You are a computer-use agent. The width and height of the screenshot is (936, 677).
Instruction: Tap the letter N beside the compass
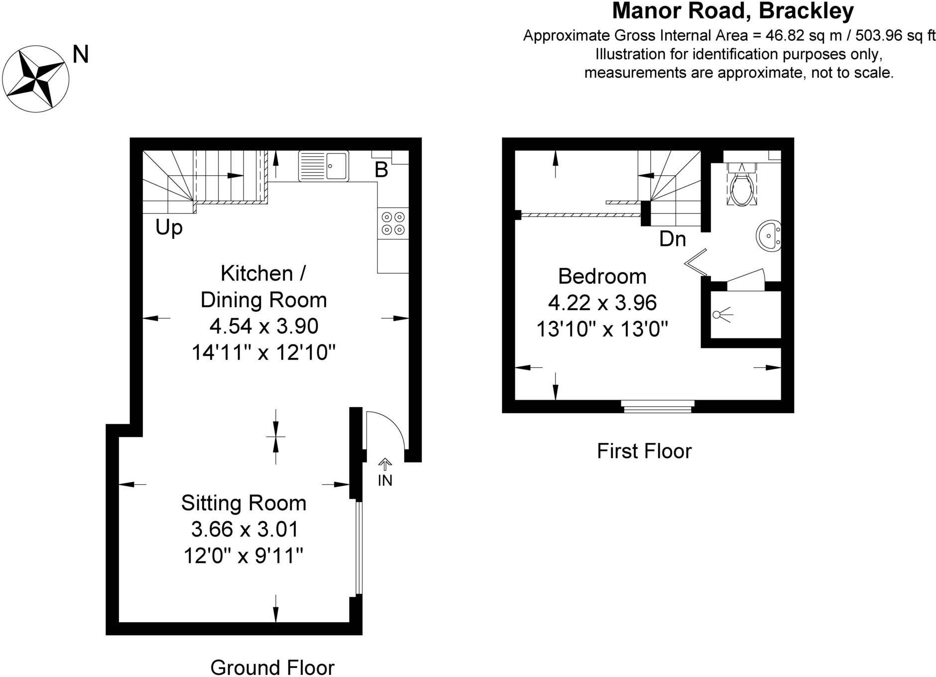pyautogui.click(x=81, y=54)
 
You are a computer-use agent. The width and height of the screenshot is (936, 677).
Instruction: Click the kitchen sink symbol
pyautogui.click(x=323, y=166)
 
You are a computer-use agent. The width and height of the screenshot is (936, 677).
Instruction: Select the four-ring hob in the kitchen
pyautogui.click(x=393, y=224)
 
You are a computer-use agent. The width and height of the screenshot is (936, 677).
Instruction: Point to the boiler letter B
pyautogui.click(x=381, y=170)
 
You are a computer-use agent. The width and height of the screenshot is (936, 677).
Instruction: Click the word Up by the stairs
pyautogui.click(x=169, y=228)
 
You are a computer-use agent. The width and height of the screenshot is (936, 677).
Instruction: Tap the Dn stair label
pyautogui.click(x=673, y=239)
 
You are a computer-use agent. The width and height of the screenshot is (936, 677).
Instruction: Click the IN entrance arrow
pyautogui.click(x=385, y=464)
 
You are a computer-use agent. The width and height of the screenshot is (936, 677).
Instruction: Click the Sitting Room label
pyautogui.click(x=243, y=503)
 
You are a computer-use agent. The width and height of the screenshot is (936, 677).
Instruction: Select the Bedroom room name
pyautogui.click(x=602, y=276)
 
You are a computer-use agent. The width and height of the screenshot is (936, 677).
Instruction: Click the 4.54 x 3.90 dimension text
pyautogui.click(x=264, y=326)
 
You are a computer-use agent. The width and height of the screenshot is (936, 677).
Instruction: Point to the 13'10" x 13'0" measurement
pyautogui.click(x=602, y=329)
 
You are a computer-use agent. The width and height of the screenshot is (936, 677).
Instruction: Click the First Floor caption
pyautogui.click(x=644, y=451)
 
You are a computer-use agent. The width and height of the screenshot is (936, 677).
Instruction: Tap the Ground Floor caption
pyautogui.click(x=272, y=668)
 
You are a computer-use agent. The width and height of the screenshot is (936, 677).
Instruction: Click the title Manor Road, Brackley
pyautogui.click(x=733, y=11)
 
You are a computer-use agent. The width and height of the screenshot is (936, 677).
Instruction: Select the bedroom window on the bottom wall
pyautogui.click(x=658, y=407)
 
